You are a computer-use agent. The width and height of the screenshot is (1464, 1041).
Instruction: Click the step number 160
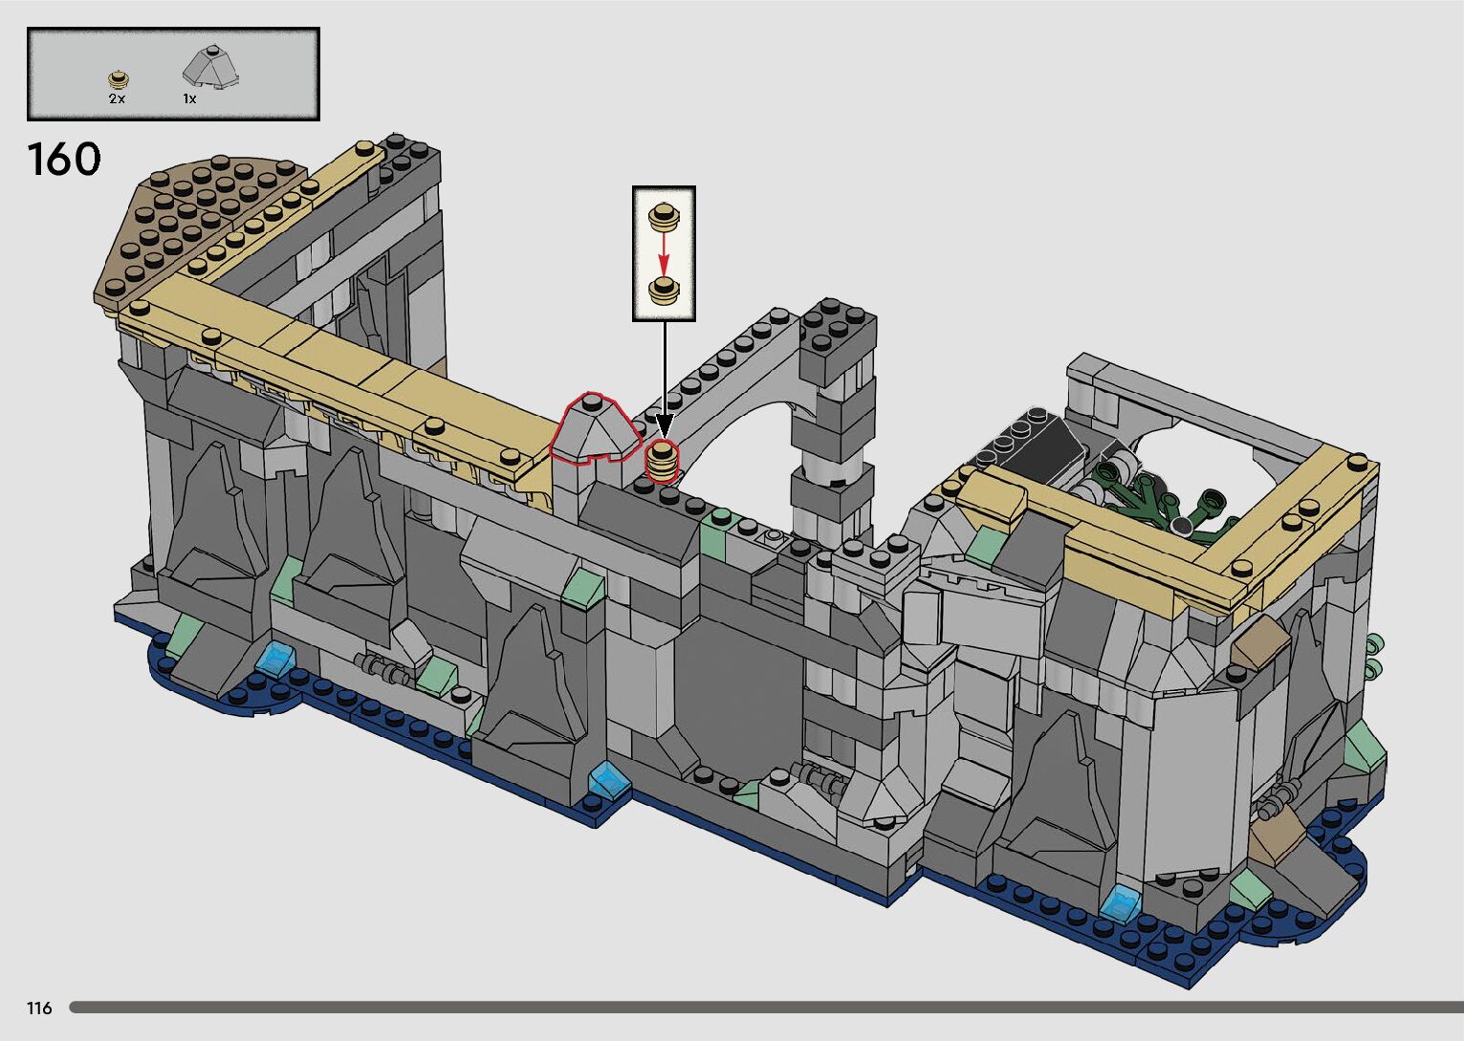[x=64, y=160]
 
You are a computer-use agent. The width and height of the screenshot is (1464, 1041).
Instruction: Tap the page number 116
[x=39, y=1008]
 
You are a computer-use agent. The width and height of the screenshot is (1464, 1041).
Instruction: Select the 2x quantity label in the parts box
[x=117, y=98]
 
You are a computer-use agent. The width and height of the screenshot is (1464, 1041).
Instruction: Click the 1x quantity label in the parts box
[x=189, y=98]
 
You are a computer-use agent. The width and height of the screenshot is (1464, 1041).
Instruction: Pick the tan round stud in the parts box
[x=119, y=79]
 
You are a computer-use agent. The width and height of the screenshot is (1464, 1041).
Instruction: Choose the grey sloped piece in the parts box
[x=209, y=66]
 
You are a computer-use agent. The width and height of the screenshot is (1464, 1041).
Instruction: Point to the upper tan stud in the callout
[x=664, y=216]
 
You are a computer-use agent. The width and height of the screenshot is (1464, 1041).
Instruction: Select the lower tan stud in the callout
[x=664, y=291]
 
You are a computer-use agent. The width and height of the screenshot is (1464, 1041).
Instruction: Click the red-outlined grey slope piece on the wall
[x=594, y=428]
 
